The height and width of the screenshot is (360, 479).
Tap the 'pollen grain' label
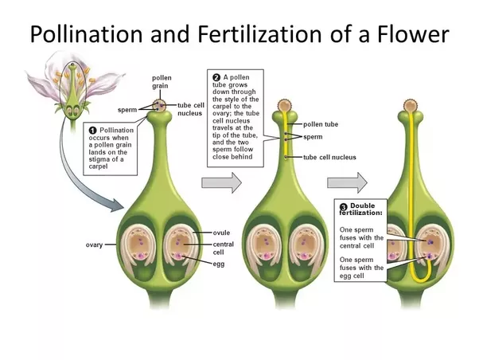(162, 82)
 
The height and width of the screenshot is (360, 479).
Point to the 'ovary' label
(95, 245)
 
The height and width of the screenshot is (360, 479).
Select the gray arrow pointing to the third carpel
(347, 182)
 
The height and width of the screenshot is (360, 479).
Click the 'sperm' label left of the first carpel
(127, 109)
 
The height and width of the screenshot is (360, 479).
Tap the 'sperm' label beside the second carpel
(313, 138)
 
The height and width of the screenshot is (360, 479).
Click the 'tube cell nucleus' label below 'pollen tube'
(329, 157)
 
